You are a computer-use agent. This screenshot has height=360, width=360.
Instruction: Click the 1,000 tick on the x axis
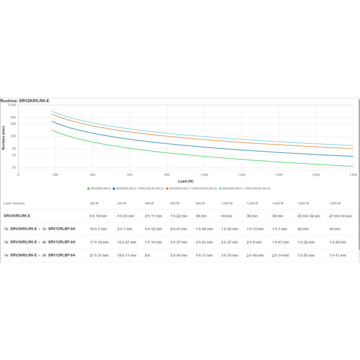[204, 175]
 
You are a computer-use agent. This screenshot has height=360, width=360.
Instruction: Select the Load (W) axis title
[185, 181]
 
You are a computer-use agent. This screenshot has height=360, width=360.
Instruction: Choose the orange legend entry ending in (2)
[192, 188]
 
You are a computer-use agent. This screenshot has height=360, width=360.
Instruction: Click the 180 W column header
[94, 203]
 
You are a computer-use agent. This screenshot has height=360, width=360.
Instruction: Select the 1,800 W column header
[335, 203]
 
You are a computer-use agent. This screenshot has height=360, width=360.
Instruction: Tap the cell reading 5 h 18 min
[99, 216]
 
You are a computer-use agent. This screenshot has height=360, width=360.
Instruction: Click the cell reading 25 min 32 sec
[309, 216]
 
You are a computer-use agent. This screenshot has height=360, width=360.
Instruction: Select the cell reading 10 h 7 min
[99, 229]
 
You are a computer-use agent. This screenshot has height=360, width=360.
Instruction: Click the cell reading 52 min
[303, 229]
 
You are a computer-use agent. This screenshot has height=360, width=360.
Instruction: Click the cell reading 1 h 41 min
[338, 255]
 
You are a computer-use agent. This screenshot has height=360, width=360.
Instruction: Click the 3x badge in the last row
[44, 255]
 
